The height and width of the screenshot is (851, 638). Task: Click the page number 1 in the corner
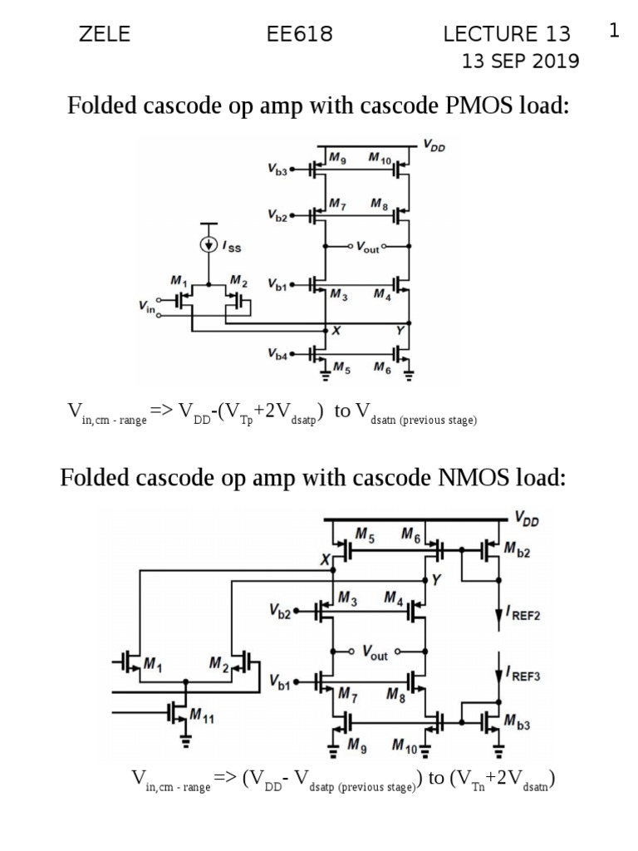pos(614,32)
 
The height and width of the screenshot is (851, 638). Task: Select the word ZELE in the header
pos(104,34)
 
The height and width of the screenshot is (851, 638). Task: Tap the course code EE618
pos(299,34)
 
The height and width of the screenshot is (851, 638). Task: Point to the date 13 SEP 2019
pos(521,61)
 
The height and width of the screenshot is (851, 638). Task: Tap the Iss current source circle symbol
pos(209,245)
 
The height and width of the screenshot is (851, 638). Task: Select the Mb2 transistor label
pos(518,550)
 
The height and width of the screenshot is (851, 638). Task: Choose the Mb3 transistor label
pos(518,723)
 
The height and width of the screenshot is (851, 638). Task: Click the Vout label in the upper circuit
pos(366,247)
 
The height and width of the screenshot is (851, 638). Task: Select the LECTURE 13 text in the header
pos(507,34)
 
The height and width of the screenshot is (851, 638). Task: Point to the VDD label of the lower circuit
pos(526,519)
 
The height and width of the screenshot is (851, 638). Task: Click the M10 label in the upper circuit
pos(380,158)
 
